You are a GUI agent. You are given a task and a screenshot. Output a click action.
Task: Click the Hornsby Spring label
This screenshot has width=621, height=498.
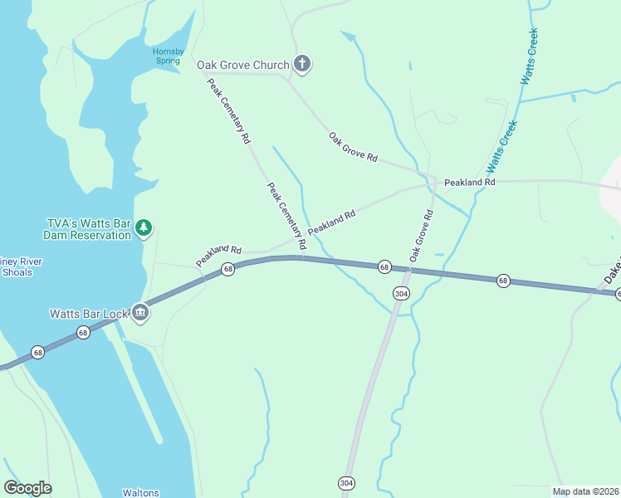click(x=167, y=56)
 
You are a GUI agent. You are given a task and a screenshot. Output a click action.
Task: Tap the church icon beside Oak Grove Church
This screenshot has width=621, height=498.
click(x=302, y=65)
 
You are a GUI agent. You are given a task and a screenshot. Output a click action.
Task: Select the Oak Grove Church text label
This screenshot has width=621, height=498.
click(x=242, y=65)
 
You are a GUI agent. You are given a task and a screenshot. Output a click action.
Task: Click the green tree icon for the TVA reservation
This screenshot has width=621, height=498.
click(x=144, y=227)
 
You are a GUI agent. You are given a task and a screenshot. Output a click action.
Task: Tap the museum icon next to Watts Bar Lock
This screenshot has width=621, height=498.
click(x=140, y=313)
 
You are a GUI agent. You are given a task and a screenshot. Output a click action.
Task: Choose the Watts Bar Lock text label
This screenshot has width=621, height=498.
click(x=89, y=314)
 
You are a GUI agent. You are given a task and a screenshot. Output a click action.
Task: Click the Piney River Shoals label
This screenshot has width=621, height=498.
click(x=22, y=266)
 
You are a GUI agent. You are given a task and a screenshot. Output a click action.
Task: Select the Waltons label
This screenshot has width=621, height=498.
click(x=140, y=492)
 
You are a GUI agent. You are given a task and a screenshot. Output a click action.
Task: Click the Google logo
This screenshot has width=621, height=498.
click(x=27, y=488)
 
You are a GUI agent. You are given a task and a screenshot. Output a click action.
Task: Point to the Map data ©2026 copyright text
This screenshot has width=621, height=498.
click(x=585, y=491)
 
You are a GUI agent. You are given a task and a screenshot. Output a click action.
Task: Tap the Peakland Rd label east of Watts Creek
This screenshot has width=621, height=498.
click(x=469, y=182)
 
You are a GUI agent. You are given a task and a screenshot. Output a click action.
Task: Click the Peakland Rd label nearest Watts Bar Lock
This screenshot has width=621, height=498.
click(x=218, y=255)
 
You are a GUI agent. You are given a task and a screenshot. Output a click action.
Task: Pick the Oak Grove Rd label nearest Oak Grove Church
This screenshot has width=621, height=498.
click(x=353, y=148)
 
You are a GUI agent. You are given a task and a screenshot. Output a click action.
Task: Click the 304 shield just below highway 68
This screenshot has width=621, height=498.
click(x=401, y=294)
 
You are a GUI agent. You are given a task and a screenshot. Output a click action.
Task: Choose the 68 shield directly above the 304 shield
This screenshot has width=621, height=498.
click(x=384, y=266)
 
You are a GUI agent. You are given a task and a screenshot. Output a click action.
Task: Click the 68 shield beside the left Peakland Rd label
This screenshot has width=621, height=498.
click(x=227, y=270)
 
